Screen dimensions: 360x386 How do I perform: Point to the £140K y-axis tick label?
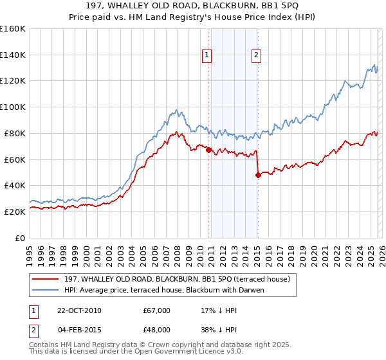[13, 55]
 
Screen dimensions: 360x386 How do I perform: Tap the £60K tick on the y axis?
[15, 159]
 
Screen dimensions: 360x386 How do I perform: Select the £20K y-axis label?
[15, 212]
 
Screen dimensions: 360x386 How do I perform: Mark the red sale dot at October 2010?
[208, 150]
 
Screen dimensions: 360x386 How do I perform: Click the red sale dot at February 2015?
[258, 174]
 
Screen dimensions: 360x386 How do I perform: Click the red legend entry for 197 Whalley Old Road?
[177, 279]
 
